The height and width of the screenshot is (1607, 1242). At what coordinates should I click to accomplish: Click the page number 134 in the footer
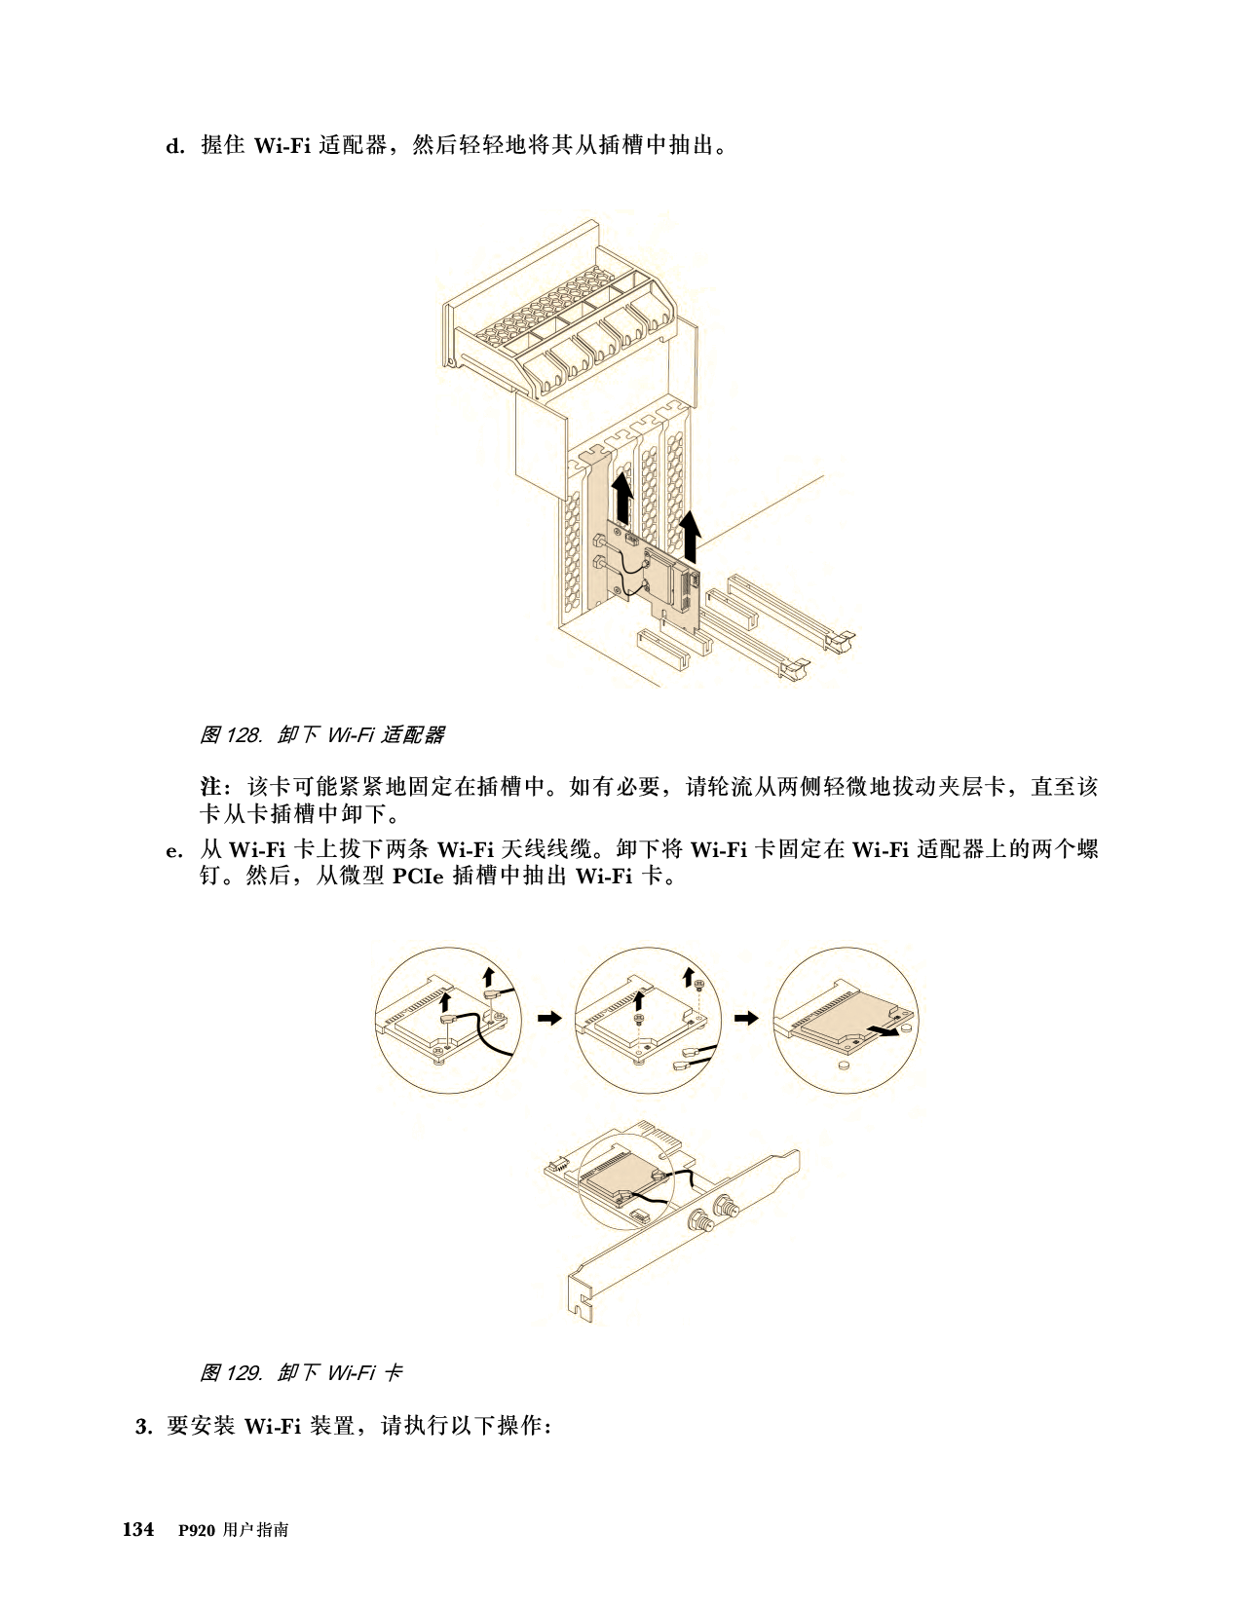coord(138,1529)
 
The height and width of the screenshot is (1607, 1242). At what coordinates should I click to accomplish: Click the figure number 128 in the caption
coord(243,735)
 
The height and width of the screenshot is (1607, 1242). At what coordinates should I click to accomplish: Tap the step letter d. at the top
coord(175,146)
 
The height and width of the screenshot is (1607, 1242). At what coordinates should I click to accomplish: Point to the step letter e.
coord(173,850)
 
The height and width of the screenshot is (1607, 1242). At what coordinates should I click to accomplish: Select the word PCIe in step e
coord(418,877)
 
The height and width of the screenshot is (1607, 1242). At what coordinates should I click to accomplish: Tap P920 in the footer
coord(196,1530)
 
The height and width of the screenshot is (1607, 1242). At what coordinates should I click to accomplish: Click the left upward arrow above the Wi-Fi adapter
coord(622,498)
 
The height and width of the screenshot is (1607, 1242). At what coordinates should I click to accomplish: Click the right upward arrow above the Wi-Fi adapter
coord(690,536)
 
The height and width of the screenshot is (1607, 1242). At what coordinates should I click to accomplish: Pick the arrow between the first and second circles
coord(549,1018)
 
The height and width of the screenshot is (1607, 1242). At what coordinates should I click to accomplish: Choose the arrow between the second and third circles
coord(746,1018)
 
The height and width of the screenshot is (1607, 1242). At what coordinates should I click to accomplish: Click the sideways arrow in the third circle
coord(884,1030)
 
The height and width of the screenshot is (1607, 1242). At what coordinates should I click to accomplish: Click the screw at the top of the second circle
coord(699,985)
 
